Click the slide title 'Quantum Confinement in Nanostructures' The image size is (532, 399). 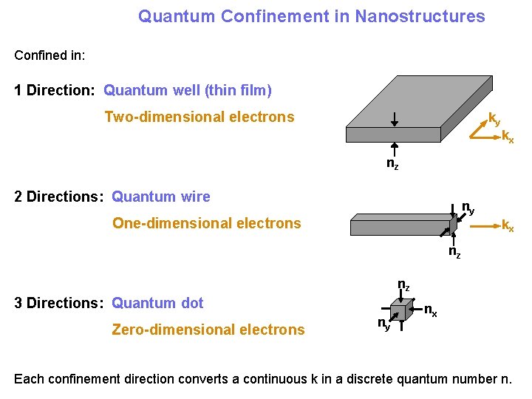(311, 16)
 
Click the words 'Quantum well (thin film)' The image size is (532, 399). (188, 91)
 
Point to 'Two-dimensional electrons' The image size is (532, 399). (199, 117)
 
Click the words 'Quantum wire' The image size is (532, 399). (161, 197)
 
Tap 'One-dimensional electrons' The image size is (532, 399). (207, 223)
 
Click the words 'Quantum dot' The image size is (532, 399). (157, 303)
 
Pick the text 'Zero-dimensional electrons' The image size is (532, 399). (208, 330)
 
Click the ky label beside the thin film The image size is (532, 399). (494, 118)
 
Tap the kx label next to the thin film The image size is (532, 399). (508, 136)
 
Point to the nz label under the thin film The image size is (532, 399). (393, 164)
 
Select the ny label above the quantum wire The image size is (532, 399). (468, 207)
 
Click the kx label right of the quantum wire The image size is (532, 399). (508, 225)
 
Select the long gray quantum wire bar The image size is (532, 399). (403, 225)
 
